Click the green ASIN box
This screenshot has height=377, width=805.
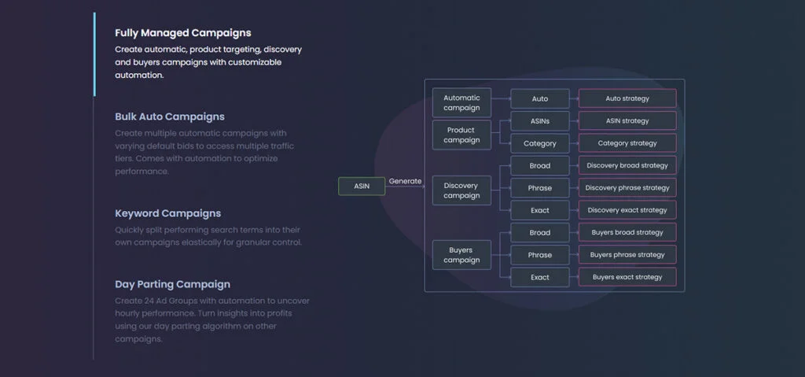point(362,186)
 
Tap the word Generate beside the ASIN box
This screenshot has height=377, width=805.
point(405,181)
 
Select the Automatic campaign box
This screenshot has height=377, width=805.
point(461,103)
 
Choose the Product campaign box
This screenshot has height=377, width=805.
point(461,135)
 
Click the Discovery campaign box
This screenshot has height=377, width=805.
point(461,190)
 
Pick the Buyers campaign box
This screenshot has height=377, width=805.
point(461,255)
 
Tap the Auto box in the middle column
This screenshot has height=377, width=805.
point(539,98)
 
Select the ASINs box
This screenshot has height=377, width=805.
point(539,121)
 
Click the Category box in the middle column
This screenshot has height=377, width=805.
point(539,143)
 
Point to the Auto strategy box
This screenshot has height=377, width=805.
point(627,98)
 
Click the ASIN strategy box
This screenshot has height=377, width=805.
point(627,121)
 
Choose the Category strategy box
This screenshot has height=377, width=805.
point(627,143)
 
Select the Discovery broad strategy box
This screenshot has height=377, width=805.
point(627,165)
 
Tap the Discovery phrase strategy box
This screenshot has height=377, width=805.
point(627,188)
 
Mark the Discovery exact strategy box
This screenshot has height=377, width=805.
point(627,210)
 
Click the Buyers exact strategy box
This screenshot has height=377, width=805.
point(627,277)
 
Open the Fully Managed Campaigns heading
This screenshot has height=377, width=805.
point(183,33)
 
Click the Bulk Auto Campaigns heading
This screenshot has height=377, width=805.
point(170,116)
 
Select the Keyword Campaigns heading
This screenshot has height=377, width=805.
point(167,213)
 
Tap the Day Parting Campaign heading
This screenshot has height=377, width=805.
point(172,284)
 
